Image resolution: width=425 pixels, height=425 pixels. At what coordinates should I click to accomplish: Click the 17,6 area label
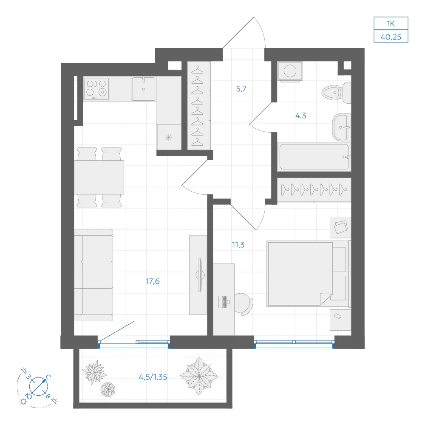point(153,281)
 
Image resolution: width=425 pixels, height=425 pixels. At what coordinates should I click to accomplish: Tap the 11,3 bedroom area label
point(238,245)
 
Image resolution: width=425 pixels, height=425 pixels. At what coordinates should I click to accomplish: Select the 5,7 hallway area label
point(241,89)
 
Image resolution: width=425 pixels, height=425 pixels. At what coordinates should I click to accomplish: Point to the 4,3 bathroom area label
point(300,116)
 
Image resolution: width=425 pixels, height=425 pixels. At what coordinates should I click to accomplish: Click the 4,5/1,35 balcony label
point(153,377)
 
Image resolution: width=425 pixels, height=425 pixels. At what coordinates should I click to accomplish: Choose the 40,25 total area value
point(391,37)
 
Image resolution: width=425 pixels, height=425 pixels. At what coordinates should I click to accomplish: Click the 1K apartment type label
point(391,24)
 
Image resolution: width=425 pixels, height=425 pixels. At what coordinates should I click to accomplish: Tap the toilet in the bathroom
point(336,93)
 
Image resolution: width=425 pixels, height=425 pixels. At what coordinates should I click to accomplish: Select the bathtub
point(314,157)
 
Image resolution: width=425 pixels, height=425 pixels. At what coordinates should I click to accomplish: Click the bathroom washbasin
point(342,127)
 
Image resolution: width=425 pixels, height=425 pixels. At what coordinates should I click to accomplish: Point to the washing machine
point(290,71)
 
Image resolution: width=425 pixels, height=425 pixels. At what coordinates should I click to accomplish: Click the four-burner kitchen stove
point(96,89)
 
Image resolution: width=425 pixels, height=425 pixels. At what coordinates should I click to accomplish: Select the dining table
point(99,177)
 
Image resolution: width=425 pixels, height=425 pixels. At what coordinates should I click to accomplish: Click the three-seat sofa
point(93,275)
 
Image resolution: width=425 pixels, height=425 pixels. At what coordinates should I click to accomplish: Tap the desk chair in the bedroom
point(244,304)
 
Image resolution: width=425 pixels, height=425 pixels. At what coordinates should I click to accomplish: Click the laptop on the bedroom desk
point(224,302)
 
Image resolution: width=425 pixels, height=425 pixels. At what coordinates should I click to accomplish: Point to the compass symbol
point(38,386)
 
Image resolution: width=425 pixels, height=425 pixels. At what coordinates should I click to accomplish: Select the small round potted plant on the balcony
point(108,389)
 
